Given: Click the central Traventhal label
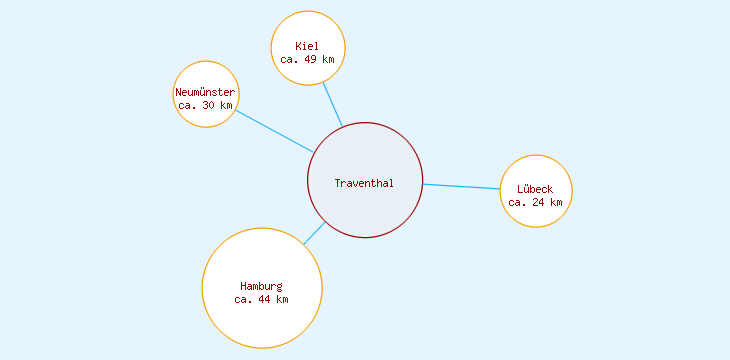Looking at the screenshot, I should [x=364, y=183].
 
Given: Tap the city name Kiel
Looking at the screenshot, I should [x=307, y=46].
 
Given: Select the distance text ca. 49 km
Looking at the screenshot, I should [x=307, y=60].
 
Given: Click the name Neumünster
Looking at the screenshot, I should [x=205, y=92].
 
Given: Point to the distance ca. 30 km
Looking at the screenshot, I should [x=205, y=105].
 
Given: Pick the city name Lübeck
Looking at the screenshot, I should [x=535, y=189].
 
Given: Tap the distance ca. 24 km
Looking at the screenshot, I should [x=535, y=202].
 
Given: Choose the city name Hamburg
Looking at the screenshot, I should [x=261, y=286].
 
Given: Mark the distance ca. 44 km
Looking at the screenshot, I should [x=261, y=299].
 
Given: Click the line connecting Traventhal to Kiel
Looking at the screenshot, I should [x=332, y=104].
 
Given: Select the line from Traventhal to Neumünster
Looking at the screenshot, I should [x=275, y=131].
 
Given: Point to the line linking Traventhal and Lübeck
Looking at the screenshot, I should [x=461, y=187].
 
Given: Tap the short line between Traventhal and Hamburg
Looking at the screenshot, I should [x=314, y=234].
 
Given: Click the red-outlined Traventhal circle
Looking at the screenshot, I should [x=365, y=215].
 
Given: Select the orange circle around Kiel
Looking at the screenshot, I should [x=308, y=25].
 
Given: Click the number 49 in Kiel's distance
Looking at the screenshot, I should [x=311, y=60].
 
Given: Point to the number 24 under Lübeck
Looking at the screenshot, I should [x=539, y=202].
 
